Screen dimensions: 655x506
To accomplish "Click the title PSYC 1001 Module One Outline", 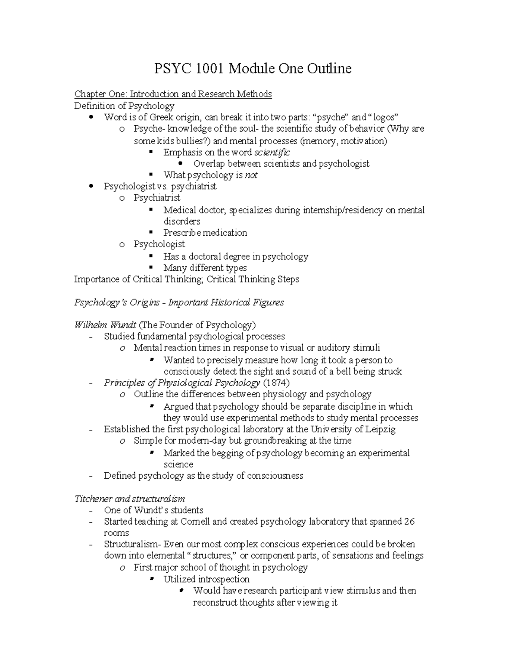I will click(x=253, y=68).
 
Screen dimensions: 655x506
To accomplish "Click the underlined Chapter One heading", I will click(x=173, y=94).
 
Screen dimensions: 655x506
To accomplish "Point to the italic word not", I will click(x=251, y=175).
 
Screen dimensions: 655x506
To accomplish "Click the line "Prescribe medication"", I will click(x=205, y=233).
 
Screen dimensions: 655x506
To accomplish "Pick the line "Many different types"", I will click(x=205, y=268).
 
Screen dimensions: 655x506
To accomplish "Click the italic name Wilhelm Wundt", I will click(x=105, y=325).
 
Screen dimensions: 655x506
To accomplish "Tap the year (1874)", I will click(x=276, y=383).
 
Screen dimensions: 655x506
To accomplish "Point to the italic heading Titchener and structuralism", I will click(x=129, y=499).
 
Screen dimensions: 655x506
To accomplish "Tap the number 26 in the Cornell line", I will click(x=409, y=522).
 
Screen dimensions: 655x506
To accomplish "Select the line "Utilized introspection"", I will click(x=206, y=580).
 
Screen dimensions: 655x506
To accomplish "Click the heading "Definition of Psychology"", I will click(x=124, y=106).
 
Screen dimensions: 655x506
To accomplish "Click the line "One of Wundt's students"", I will click(x=153, y=510).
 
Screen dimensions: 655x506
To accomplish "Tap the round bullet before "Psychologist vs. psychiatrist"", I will click(x=92, y=186).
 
